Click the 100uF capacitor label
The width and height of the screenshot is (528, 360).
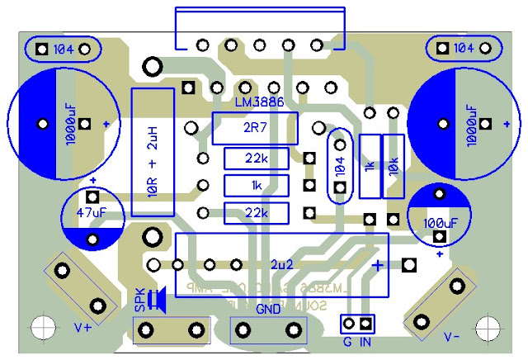440,222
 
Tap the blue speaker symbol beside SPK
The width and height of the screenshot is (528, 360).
160,300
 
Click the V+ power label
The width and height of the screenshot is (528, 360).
83,327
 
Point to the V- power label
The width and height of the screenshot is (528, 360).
452,336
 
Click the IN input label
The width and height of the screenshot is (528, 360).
365,339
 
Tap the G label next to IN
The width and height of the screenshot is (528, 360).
347,339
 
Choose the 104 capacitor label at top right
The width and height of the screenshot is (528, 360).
464,49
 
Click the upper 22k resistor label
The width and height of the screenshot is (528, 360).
256,158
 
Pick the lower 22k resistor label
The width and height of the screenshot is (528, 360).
256,212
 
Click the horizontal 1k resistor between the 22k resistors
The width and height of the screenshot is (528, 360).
257,185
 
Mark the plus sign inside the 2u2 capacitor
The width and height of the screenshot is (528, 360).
377,265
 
